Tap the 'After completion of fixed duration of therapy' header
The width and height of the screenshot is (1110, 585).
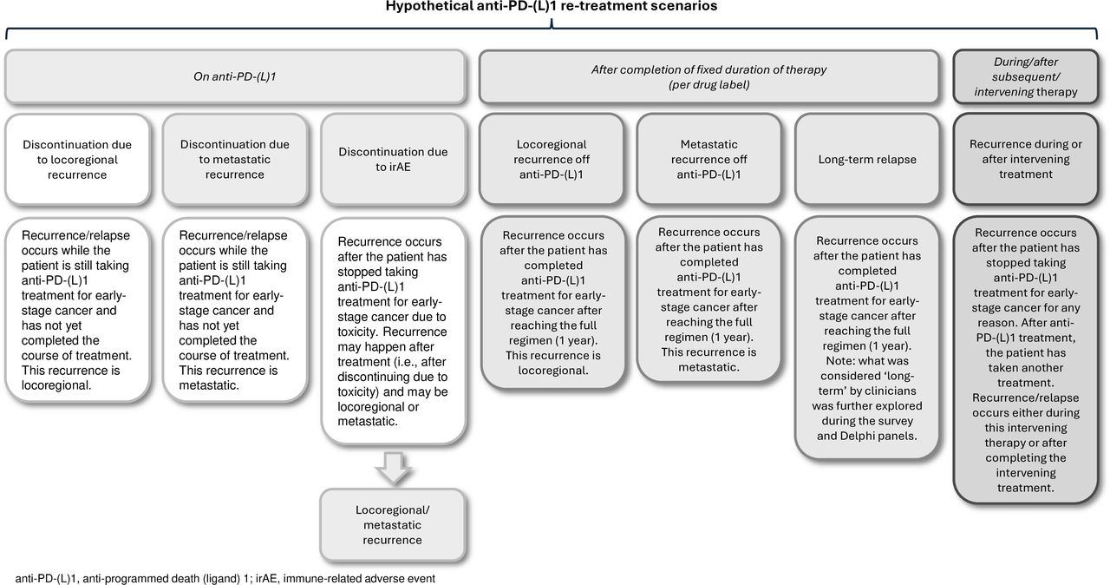[x=709, y=76]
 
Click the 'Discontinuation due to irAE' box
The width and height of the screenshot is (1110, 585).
[x=392, y=160]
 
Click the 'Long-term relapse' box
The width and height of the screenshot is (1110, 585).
[x=866, y=160]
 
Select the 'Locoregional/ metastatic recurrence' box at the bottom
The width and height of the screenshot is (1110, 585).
[x=392, y=525]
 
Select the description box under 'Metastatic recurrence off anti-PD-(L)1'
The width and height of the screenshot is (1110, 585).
[x=709, y=299]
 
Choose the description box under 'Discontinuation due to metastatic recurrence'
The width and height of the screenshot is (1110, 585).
[x=235, y=311]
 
